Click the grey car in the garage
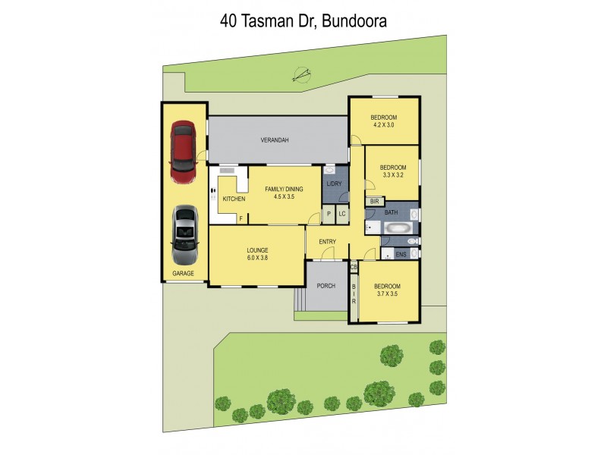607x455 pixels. pyautogui.click(x=183, y=229)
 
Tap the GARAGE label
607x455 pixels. pyautogui.click(x=183, y=273)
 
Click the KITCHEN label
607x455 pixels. pyautogui.click(x=234, y=199)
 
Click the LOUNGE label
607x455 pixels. pyautogui.click(x=257, y=254)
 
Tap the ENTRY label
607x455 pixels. pyautogui.click(x=328, y=242)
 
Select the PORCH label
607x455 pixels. pyautogui.click(x=326, y=286)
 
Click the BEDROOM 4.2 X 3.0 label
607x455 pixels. pyautogui.click(x=384, y=120)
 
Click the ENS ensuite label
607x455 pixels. pyautogui.click(x=401, y=254)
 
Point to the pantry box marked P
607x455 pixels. pyautogui.click(x=329, y=215)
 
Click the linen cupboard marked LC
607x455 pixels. pyautogui.click(x=342, y=215)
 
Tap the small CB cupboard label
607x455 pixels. pyautogui.click(x=354, y=268)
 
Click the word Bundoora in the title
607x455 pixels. pyautogui.click(x=354, y=20)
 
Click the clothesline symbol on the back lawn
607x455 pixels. pyautogui.click(x=303, y=74)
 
